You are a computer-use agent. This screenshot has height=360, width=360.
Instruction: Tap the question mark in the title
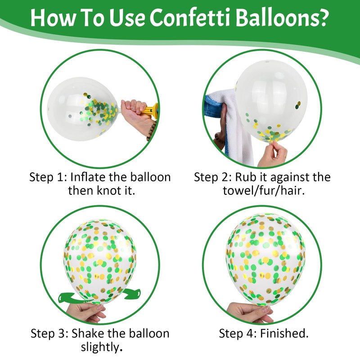click(x=321, y=18)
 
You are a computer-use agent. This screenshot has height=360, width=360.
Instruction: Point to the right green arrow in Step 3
click(x=131, y=294)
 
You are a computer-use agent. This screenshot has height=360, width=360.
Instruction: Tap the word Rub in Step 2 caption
click(x=244, y=177)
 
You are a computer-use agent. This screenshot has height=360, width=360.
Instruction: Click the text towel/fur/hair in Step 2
click(x=264, y=191)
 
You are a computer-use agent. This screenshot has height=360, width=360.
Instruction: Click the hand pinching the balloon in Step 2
click(x=273, y=154)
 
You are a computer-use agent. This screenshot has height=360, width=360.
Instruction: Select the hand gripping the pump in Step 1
click(x=136, y=117)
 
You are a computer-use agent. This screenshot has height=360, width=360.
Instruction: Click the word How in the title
click(x=53, y=18)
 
